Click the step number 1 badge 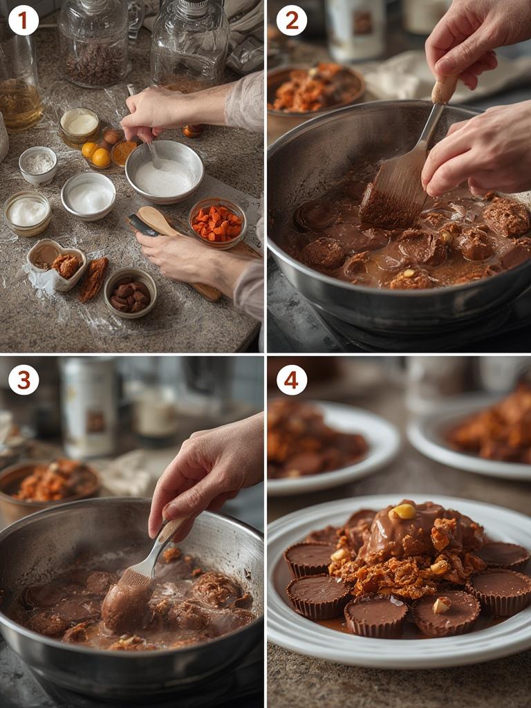tap(23, 20)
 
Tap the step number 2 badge tap(291, 20)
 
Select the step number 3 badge tap(23, 380)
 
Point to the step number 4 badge tap(291, 380)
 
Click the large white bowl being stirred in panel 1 tap(165, 171)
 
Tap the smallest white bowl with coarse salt tap(38, 164)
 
